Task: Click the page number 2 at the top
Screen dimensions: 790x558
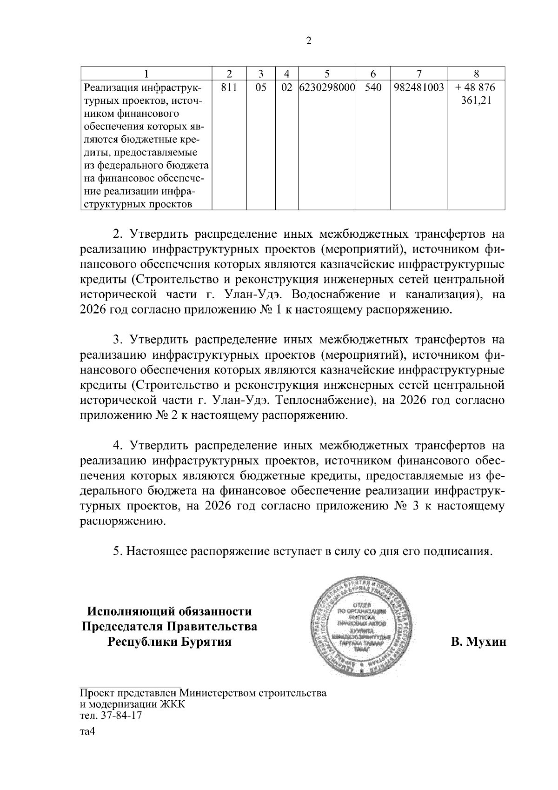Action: tap(308, 41)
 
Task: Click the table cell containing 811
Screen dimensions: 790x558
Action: tap(228, 87)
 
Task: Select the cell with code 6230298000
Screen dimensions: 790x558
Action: tap(327, 87)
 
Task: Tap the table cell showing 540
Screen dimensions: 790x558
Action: tap(373, 87)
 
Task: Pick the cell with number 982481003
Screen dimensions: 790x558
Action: tap(418, 87)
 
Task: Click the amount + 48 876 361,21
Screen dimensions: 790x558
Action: tap(476, 94)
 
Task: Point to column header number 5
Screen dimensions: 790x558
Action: tap(327, 74)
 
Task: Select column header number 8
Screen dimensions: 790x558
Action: tap(476, 74)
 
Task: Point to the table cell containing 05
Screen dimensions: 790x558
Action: tap(261, 87)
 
